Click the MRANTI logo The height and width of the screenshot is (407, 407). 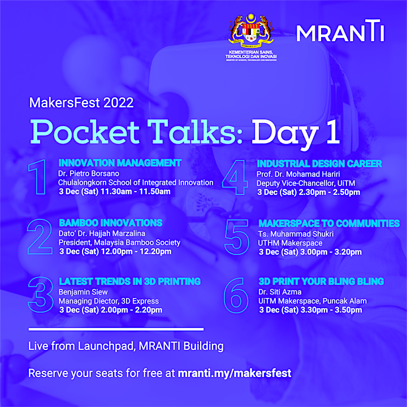click(x=340, y=31)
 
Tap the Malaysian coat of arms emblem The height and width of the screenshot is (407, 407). click(x=251, y=31)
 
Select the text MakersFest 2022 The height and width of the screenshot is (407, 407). click(x=81, y=102)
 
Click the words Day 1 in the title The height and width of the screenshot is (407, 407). click(x=296, y=132)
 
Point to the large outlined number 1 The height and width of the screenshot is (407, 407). click(x=38, y=177)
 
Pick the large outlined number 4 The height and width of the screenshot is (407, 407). click(x=235, y=177)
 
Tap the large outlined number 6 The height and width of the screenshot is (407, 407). click(x=236, y=296)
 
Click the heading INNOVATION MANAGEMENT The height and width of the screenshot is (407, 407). click(x=120, y=163)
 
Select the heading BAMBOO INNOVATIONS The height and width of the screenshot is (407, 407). click(x=111, y=223)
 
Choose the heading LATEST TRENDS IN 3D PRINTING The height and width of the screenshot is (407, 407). click(x=130, y=282)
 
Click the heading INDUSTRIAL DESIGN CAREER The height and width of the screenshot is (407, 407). click(x=319, y=164)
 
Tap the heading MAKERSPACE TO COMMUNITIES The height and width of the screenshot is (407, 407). click(x=329, y=223)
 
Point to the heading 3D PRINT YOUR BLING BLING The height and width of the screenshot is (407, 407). click(x=321, y=282)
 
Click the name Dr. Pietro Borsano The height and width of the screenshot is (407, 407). click(x=89, y=174)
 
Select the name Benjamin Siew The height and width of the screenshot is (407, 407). click(x=83, y=292)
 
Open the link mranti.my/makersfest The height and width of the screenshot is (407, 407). click(x=235, y=373)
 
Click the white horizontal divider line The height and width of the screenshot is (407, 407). click(x=116, y=330)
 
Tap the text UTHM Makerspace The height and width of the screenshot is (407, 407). click(x=290, y=243)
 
